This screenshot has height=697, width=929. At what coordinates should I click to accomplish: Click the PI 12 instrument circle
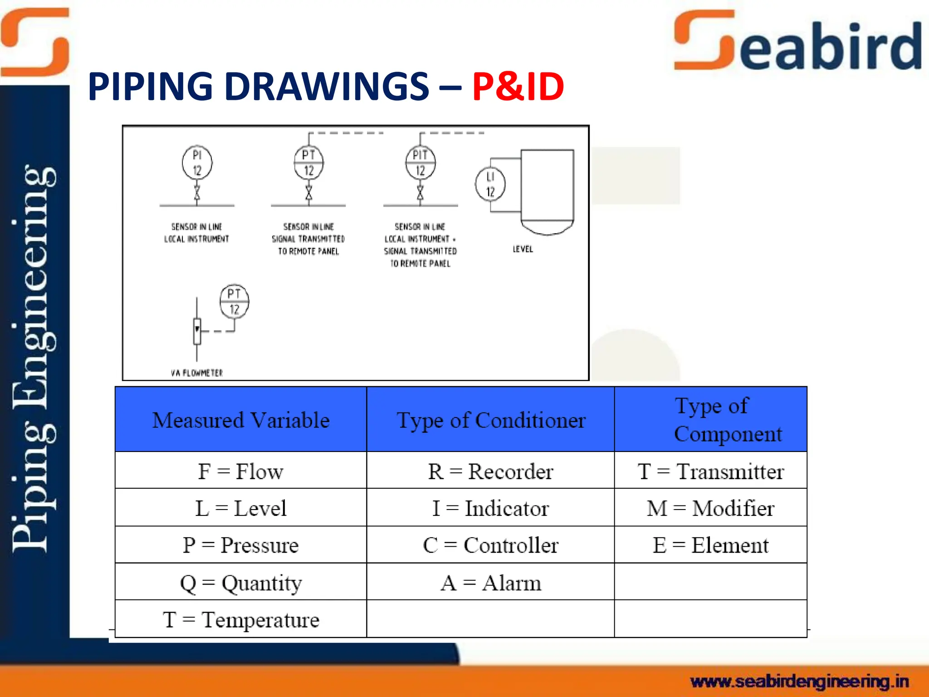[x=197, y=162]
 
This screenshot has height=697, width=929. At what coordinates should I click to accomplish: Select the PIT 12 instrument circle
[x=420, y=162]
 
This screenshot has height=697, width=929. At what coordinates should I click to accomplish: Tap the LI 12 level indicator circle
[x=490, y=184]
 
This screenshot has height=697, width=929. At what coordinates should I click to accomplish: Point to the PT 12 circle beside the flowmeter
[x=234, y=302]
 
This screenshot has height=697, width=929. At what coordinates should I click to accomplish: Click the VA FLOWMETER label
[x=197, y=373]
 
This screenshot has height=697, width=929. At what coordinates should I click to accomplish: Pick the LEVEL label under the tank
[x=523, y=249]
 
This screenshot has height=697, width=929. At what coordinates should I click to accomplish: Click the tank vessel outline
[x=547, y=191]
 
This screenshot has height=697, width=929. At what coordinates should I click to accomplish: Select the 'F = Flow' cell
[x=241, y=471]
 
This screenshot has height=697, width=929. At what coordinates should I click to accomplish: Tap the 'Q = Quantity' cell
[x=241, y=583]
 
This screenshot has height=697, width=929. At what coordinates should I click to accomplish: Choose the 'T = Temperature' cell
[x=241, y=619]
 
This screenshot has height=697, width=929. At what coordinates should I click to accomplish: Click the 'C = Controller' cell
[x=490, y=545]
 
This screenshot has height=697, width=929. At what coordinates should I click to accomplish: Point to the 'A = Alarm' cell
[x=490, y=583]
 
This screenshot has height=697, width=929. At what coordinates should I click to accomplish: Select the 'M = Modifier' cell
[x=710, y=508]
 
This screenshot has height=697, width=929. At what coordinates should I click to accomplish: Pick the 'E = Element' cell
[x=710, y=545]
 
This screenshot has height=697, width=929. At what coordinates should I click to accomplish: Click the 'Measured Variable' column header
[x=241, y=420]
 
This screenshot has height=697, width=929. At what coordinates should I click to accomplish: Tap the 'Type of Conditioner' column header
[x=490, y=420]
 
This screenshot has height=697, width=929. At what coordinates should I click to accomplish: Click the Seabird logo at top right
[x=797, y=42]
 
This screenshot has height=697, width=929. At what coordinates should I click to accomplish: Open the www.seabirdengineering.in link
[x=799, y=681]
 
